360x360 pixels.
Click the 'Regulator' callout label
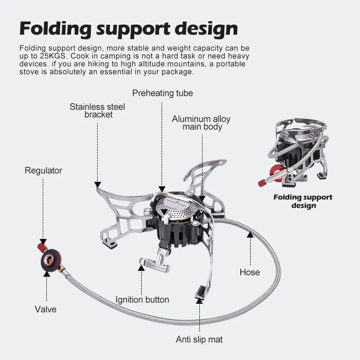tap(43, 171)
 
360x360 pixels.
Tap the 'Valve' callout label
tap(45, 309)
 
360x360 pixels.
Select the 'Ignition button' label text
tap(142, 300)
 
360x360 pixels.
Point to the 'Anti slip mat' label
tap(199, 340)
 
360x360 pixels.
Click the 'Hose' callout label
tap(250, 272)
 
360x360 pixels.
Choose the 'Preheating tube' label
tap(162, 93)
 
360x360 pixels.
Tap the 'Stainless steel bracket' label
tap(97, 111)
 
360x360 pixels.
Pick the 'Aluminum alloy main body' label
tap(201, 123)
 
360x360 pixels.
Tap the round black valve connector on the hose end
tap(51, 260)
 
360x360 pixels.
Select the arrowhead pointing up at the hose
tap(250, 234)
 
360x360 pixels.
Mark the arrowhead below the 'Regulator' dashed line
tap(43, 242)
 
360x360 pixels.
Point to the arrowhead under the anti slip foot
tap(199, 301)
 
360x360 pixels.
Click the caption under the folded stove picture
tap(303, 201)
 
